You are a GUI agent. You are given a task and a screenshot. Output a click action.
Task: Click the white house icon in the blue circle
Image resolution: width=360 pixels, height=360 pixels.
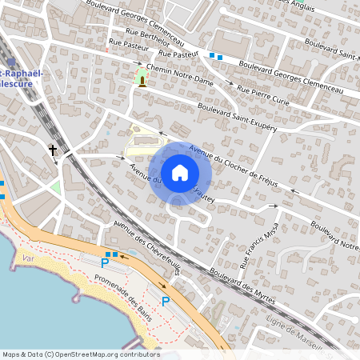180,172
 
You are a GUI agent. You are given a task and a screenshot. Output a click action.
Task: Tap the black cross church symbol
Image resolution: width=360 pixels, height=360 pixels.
54,150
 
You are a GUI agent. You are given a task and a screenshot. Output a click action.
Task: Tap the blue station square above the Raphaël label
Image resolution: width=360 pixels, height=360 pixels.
10,62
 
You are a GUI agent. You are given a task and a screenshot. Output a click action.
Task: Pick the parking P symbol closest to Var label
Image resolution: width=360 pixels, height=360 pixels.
104,262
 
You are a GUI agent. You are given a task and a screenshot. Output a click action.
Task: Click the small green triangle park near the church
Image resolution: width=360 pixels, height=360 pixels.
55,187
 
